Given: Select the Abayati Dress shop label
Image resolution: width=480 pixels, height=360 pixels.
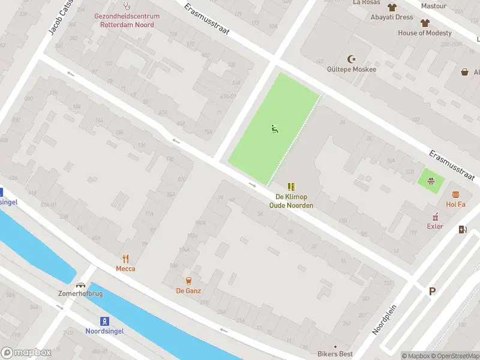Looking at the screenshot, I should [391, 17].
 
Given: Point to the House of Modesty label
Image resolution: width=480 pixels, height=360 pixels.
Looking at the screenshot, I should [425, 33].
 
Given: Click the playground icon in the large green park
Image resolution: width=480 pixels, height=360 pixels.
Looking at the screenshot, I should [274, 128].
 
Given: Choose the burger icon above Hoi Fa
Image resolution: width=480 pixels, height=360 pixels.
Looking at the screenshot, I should [455, 194].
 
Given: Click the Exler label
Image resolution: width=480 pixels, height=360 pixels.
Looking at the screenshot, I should [435, 226].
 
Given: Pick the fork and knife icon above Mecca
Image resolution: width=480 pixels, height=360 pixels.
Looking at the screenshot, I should [125, 259].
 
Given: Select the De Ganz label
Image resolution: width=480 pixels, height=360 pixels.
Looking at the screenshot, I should [188, 291].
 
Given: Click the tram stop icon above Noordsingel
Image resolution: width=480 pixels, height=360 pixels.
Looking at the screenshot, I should [104, 320].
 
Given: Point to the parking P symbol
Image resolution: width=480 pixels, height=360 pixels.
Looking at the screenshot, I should [432, 292].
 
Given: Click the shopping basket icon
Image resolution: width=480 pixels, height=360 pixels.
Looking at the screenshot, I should [464, 72].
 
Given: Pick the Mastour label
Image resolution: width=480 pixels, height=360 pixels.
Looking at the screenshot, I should [433, 6].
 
